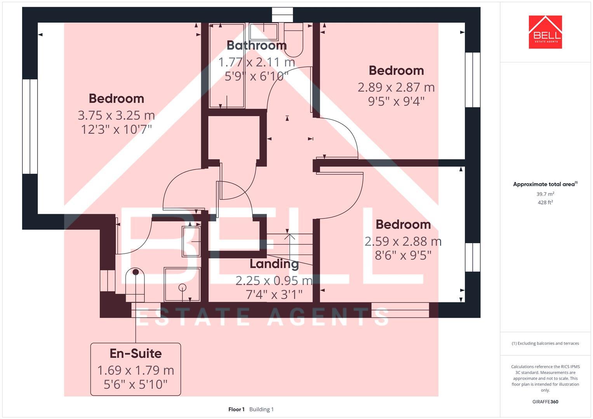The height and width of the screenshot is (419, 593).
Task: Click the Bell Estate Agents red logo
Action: point(545,32)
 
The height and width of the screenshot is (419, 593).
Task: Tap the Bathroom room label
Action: point(256,45)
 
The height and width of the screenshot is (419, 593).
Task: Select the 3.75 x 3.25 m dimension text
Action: point(116,115)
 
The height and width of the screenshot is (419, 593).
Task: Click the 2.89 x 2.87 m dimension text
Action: point(396,87)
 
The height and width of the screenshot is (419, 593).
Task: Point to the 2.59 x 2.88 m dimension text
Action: point(403,241)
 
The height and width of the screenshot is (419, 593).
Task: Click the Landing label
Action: point(274,264)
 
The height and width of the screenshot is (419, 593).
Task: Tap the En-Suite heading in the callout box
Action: point(136,353)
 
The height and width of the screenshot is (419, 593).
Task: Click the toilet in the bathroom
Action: point(294,41)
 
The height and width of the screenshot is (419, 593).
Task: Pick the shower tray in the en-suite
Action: point(182,284)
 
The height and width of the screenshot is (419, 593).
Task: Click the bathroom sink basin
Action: point(264,31)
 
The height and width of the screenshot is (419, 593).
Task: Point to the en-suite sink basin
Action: point(191,241)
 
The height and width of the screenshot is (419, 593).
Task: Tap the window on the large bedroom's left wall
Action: point(30,126)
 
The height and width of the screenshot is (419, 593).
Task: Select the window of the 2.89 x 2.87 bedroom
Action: point(473,80)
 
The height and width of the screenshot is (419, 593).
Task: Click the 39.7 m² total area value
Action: point(545,194)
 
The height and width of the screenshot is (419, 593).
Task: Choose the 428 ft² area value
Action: point(545,203)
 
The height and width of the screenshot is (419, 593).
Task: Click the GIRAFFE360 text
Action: point(545,402)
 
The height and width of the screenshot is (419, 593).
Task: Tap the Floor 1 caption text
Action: point(236,409)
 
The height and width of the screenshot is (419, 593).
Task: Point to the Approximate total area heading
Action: point(544,184)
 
